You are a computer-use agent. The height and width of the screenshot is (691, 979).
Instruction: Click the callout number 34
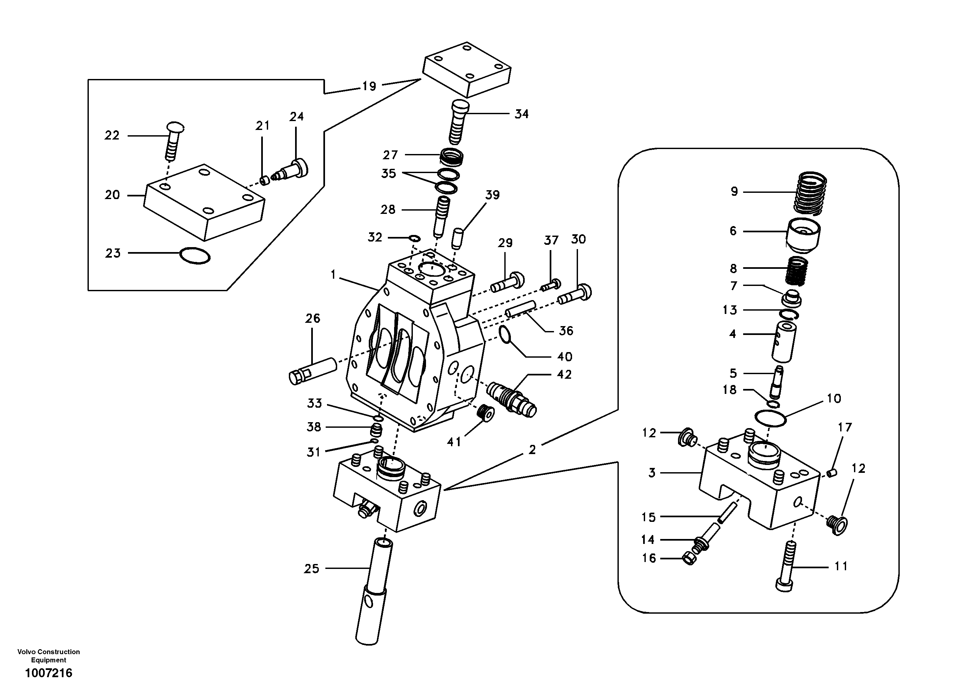click(x=521, y=114)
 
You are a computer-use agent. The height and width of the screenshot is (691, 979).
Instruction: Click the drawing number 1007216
click(x=49, y=673)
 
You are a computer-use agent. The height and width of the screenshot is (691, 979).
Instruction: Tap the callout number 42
click(x=564, y=374)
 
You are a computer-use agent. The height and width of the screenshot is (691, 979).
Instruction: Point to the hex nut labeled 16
click(x=690, y=558)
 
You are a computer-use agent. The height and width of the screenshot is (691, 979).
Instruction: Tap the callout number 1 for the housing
click(x=334, y=275)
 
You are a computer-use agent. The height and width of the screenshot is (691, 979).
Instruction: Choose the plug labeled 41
click(x=485, y=413)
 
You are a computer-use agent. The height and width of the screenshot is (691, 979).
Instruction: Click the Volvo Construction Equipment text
click(x=49, y=655)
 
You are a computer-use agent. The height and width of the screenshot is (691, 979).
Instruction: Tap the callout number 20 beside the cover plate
click(x=112, y=195)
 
